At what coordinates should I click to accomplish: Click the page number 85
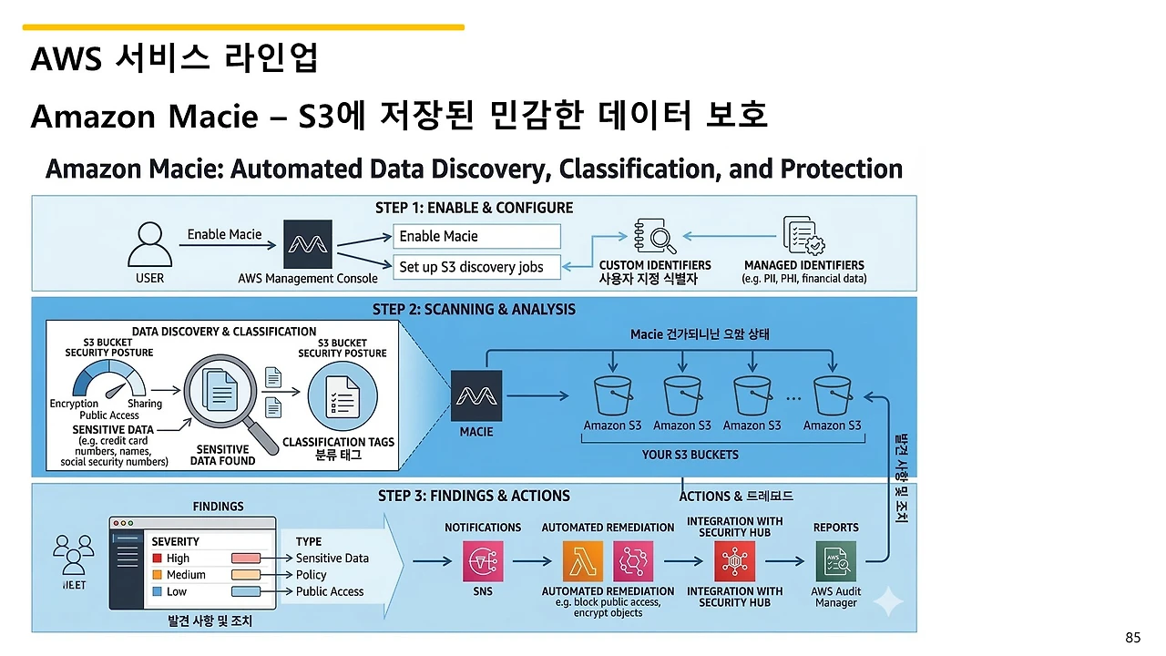(1132, 638)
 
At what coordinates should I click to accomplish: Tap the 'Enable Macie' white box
(477, 237)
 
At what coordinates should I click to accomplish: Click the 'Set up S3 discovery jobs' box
(477, 267)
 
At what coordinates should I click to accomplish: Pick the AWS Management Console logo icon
(308, 243)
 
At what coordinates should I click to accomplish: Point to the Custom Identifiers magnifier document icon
(654, 236)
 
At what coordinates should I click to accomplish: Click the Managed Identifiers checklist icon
(803, 236)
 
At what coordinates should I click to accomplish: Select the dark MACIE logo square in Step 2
(476, 395)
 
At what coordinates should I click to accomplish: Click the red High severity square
(158, 559)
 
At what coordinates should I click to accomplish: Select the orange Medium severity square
(158, 575)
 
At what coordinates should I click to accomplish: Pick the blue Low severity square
(158, 592)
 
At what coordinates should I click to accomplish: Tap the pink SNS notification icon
(483, 562)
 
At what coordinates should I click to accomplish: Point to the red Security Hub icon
(735, 562)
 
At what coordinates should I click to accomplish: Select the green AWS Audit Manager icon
(835, 562)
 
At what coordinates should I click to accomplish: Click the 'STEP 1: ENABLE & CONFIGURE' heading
(474, 208)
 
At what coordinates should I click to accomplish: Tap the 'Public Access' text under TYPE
(330, 592)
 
